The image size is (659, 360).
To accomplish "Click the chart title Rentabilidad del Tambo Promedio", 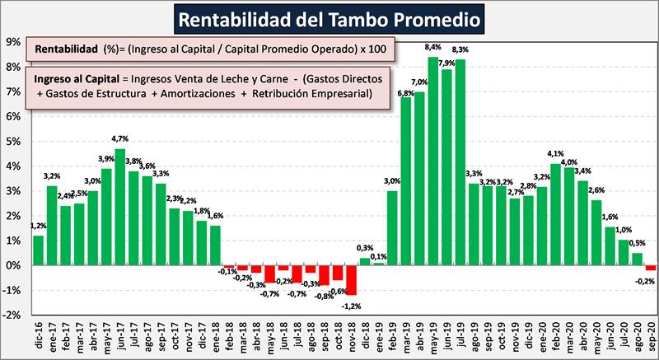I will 329,17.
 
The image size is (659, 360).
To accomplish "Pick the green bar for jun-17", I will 120,207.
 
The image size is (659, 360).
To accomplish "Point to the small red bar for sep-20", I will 650,268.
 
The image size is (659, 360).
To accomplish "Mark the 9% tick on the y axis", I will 13,41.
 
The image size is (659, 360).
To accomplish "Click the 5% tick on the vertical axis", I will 13,141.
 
